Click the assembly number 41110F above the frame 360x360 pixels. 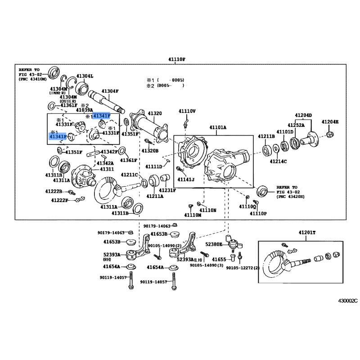tap(176, 59)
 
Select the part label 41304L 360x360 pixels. tap(84, 76)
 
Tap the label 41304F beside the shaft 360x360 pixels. tap(110, 91)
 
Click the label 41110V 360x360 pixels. tap(187, 111)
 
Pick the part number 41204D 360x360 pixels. tap(303, 116)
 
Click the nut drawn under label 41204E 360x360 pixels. tap(330, 134)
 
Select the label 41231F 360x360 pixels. tap(167, 190)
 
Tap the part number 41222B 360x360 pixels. tap(54, 191)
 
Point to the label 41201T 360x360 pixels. tap(307, 232)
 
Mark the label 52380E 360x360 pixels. tap(214, 244)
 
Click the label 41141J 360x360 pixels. tap(185, 180)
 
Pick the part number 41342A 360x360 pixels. tap(104, 163)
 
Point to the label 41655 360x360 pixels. tap(219, 260)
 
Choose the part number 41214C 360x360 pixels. tap(278, 161)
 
